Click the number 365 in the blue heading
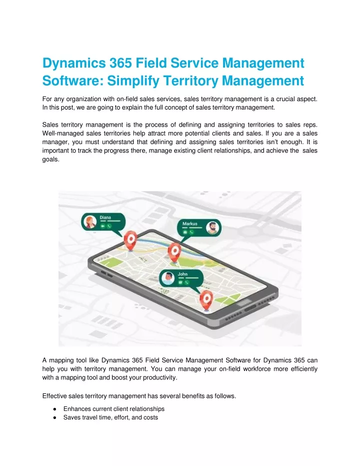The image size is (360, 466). coord(120,63)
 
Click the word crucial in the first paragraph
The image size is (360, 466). coord(285,99)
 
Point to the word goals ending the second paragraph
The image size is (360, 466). coord(50,159)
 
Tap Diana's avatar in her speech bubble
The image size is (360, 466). coord(90,222)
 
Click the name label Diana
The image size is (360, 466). coord(105,218)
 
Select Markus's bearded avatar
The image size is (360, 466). coord(212,228)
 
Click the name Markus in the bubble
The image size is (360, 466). coord(189,224)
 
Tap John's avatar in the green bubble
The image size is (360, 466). coord(168,278)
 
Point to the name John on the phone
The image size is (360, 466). coord(182,274)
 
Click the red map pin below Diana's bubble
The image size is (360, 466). coord(130,240)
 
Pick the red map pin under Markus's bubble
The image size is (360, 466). coord(174,253)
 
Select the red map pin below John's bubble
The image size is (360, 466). coord(206,300)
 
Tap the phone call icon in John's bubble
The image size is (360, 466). coord(186,283)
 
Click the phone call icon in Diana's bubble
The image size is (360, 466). coord(109,226)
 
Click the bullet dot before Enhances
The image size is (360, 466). coord(54,409)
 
